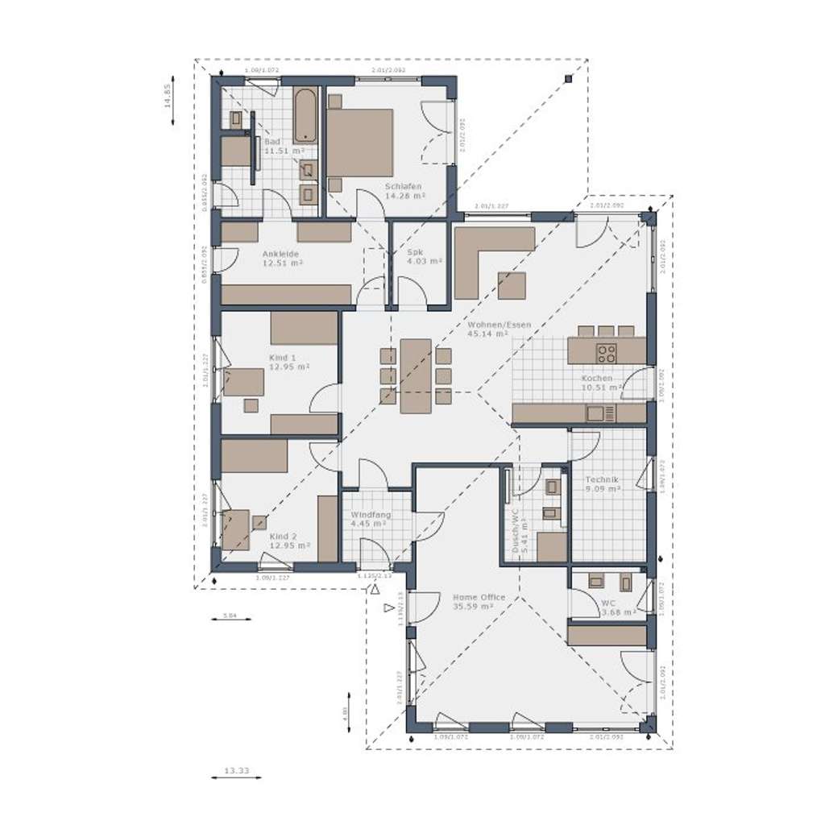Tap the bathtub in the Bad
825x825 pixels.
pyautogui.click(x=305, y=114)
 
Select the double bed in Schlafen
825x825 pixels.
pyautogui.click(x=359, y=143)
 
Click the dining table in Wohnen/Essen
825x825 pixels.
pyautogui.click(x=416, y=375)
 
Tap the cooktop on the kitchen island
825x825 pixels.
pyautogui.click(x=606, y=353)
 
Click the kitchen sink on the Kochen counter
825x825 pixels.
pyautogui.click(x=595, y=414)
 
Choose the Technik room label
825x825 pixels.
pyautogui.click(x=602, y=483)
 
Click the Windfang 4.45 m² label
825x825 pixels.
pyautogui.click(x=371, y=519)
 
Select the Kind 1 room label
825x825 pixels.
pyautogui.click(x=282, y=362)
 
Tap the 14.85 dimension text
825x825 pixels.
pyautogui.click(x=168, y=96)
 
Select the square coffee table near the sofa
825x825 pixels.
pyautogui.click(x=512, y=286)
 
